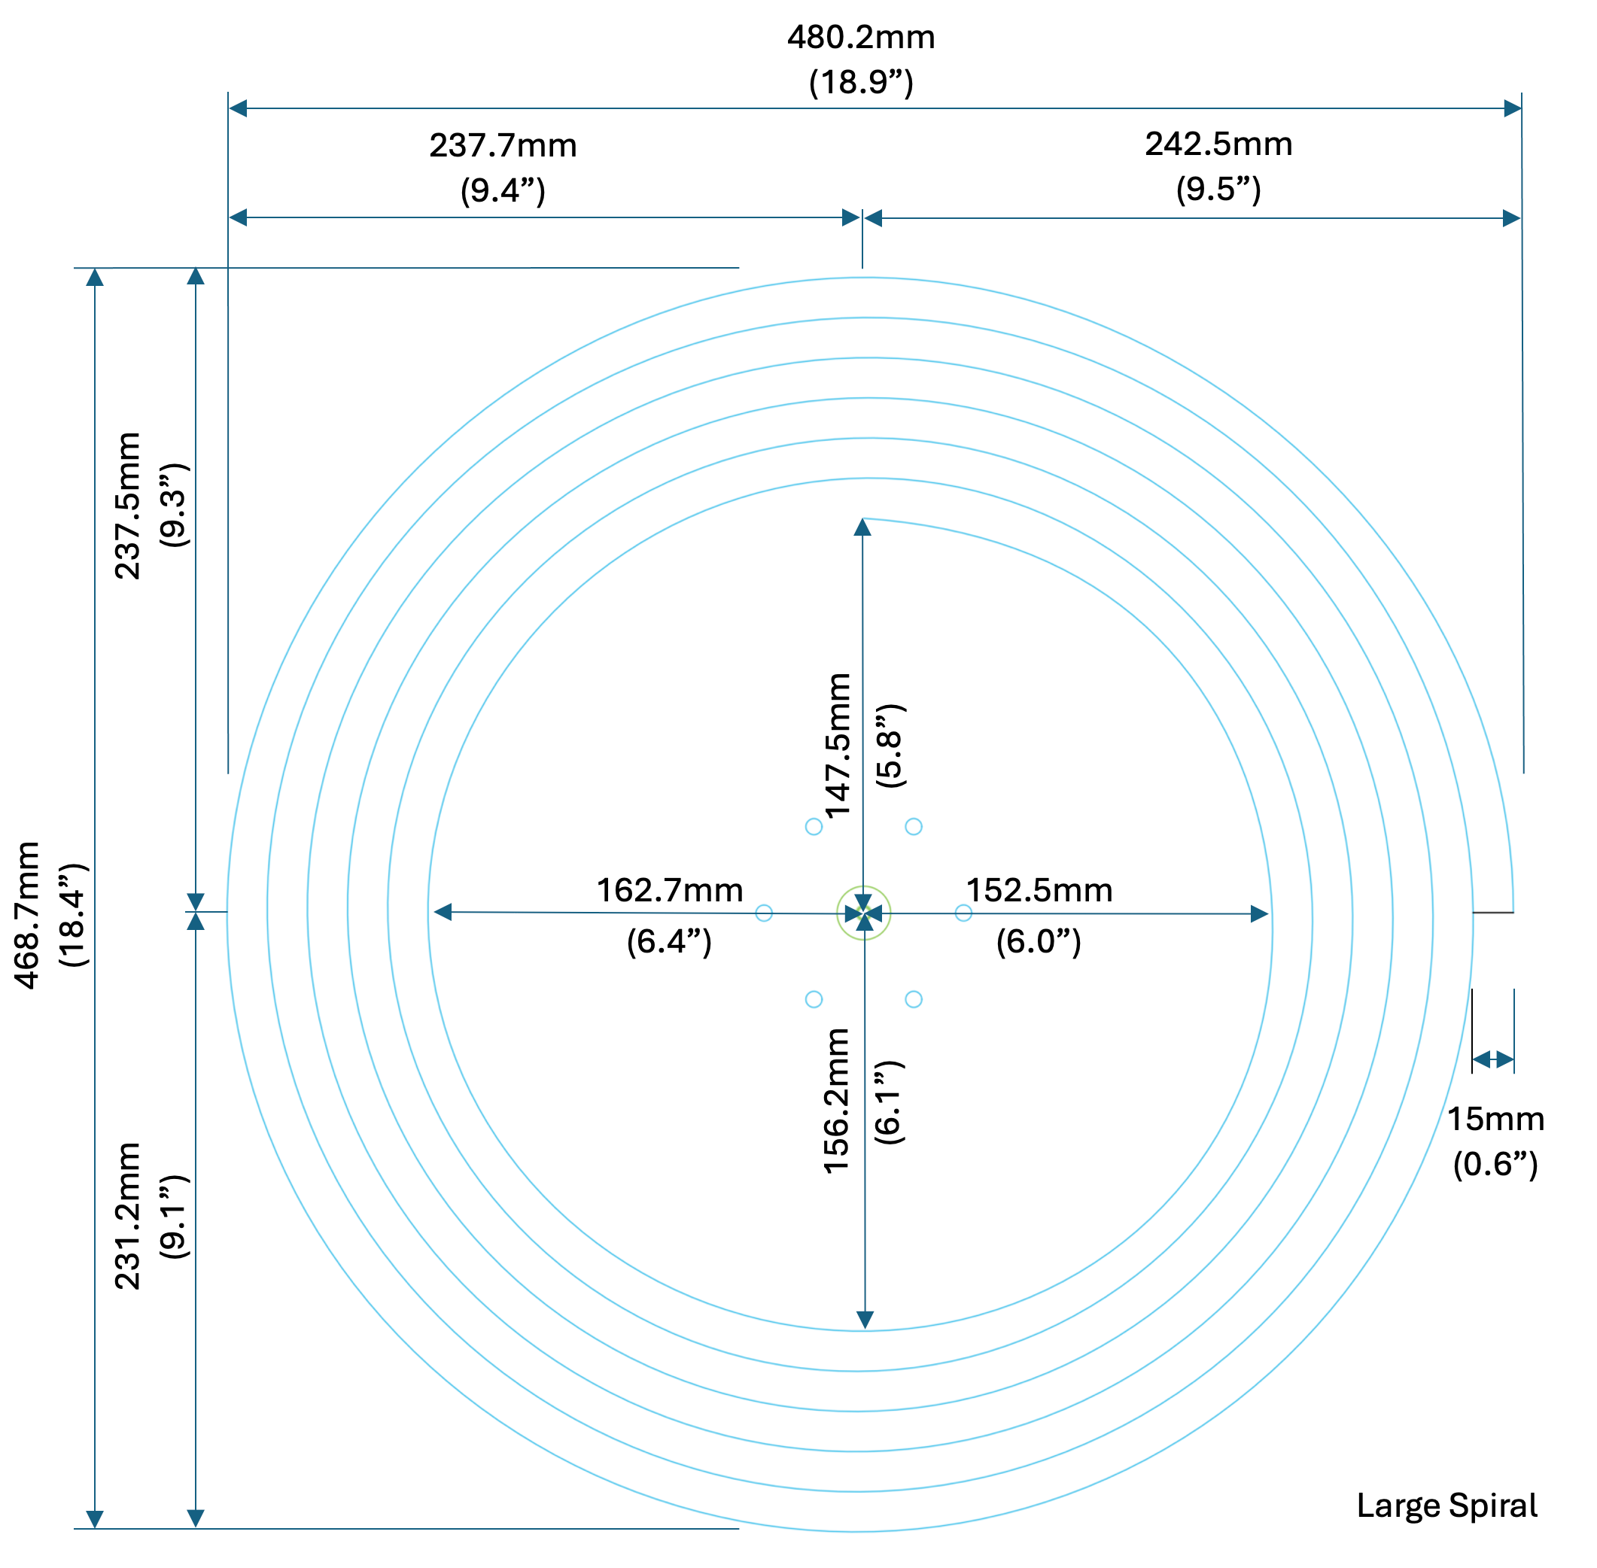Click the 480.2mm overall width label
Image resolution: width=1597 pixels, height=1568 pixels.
861,38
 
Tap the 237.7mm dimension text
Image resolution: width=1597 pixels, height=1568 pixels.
503,146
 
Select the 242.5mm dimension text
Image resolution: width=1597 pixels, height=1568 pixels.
1218,144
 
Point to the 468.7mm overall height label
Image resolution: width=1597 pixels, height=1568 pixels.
28,914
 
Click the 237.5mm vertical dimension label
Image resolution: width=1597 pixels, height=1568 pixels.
128,506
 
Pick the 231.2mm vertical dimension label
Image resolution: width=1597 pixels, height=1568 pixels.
128,1216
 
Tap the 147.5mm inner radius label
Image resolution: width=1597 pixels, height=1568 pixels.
838,746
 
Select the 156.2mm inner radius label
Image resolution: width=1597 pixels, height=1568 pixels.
836,1100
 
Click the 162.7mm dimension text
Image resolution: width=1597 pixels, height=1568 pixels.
670,890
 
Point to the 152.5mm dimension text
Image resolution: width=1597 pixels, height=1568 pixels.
1039,890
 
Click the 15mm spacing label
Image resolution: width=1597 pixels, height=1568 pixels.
1495,1118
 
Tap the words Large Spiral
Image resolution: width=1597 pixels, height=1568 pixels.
1446,1506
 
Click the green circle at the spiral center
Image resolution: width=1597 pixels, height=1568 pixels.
863,913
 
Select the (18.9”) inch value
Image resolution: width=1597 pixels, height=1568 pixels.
861,82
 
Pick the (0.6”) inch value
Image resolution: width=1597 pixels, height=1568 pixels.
1495,1164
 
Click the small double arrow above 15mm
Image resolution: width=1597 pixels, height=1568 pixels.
1492,1059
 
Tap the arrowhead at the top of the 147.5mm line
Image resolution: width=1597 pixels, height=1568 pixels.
862,527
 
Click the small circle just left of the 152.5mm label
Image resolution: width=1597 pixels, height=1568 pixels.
963,913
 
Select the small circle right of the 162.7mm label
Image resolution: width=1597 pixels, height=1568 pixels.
763,913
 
